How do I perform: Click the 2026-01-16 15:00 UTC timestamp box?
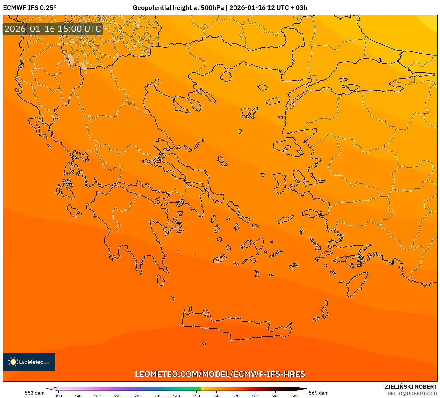[x=53, y=29]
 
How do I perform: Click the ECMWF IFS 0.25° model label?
[x=30, y=8]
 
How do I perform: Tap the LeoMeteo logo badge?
[x=29, y=362]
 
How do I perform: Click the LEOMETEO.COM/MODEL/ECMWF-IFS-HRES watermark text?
[x=220, y=374]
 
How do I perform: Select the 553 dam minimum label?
[x=35, y=393]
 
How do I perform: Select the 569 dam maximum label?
[x=319, y=393]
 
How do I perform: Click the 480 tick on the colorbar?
[x=58, y=396]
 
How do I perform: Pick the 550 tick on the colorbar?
[x=196, y=396]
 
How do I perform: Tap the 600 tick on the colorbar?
[x=295, y=396]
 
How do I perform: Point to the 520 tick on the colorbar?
[x=137, y=396]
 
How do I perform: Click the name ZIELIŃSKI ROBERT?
[x=411, y=387]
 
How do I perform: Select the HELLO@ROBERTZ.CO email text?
[x=412, y=394]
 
